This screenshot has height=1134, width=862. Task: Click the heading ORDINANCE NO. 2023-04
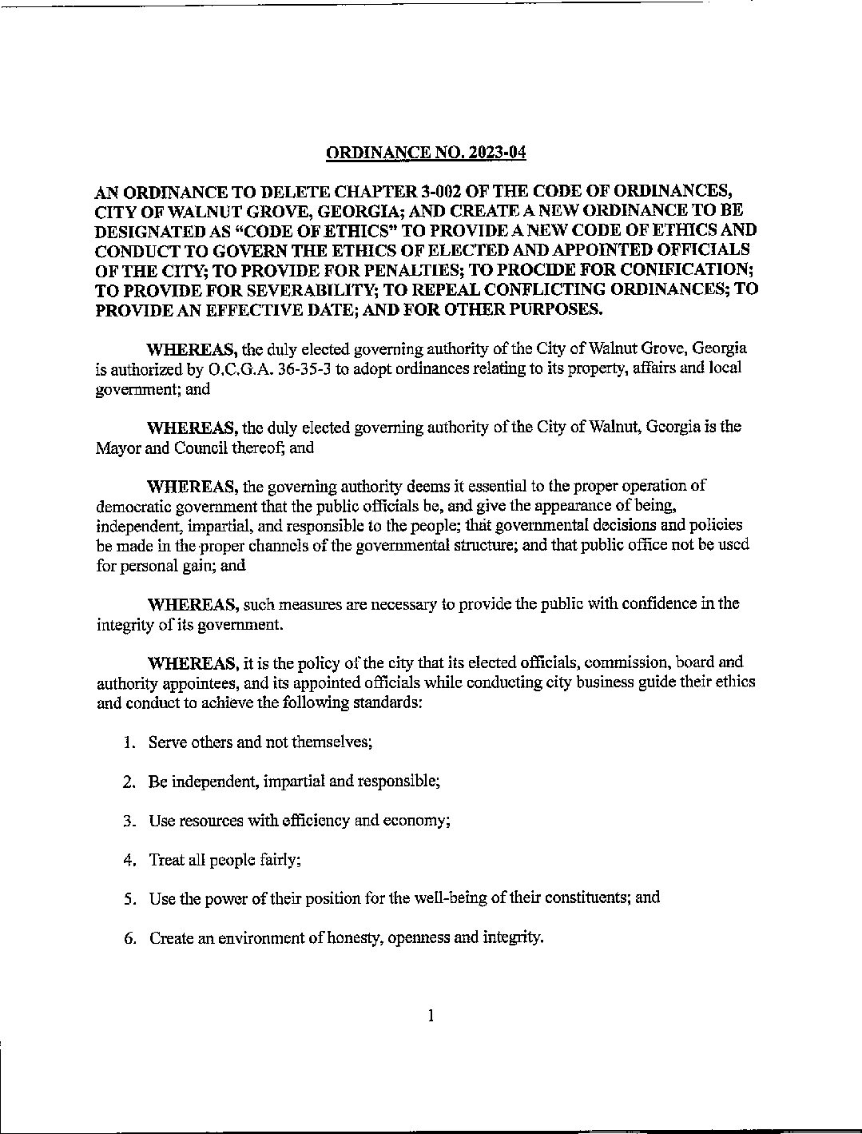pyautogui.click(x=427, y=153)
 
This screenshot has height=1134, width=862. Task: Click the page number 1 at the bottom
pyautogui.click(x=431, y=1016)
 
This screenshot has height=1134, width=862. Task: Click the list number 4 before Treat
pyautogui.click(x=129, y=860)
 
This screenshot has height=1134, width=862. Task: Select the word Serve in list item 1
pyautogui.click(x=169, y=742)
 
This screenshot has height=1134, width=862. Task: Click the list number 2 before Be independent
pyautogui.click(x=129, y=782)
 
